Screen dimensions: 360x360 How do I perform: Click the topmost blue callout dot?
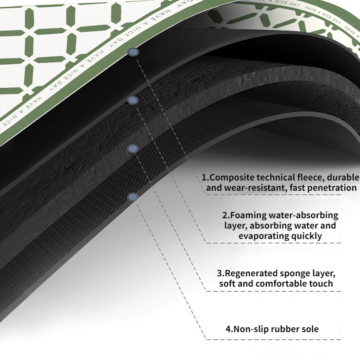133,52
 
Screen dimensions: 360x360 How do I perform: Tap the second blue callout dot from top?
133,100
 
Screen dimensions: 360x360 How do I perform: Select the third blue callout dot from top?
133,149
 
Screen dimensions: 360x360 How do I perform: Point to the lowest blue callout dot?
133,197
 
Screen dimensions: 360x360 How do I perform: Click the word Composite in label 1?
232,178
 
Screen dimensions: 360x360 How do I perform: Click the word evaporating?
264,236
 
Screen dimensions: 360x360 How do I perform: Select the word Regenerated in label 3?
251,274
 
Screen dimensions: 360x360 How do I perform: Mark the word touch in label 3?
321,283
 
